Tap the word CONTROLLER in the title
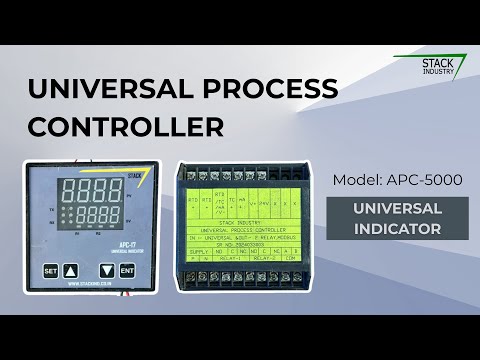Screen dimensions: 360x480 tap(125, 127)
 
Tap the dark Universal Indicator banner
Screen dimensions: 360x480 tap(410, 218)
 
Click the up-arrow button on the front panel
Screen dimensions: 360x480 tap(70, 271)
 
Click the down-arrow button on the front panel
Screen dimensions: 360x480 tap(107, 271)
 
